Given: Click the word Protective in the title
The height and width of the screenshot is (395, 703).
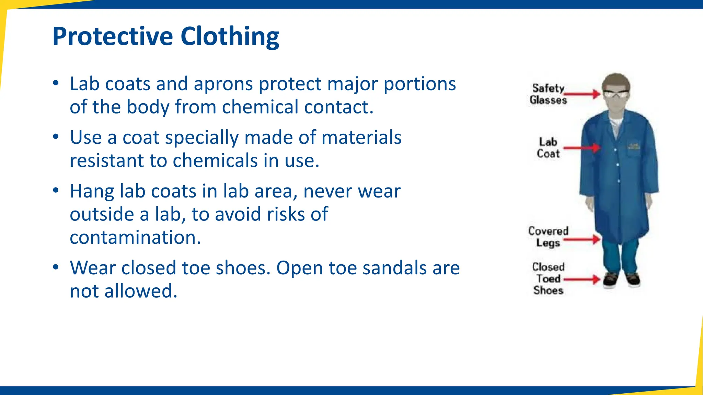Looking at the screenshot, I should [x=113, y=36].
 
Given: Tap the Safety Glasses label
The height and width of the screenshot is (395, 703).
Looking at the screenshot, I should [x=548, y=94].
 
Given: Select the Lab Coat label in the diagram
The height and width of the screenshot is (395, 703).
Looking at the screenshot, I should [x=548, y=148].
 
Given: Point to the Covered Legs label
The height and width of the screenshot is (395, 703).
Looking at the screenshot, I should [x=548, y=237].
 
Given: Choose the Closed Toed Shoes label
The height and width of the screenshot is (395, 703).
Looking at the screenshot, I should [x=548, y=278].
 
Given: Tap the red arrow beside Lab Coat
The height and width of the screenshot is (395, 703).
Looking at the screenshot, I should [x=582, y=148].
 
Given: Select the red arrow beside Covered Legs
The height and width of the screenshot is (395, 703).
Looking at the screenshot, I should [x=582, y=239].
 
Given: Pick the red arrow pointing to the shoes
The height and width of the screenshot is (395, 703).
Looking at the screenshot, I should [x=582, y=279].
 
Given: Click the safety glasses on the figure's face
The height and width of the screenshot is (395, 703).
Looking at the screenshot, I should [x=616, y=94].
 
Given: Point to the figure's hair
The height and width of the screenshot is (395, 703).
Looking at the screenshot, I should [x=616, y=80].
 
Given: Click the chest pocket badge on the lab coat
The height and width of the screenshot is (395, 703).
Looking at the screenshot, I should [x=634, y=146].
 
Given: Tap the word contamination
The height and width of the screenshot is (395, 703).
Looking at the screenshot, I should [x=135, y=237].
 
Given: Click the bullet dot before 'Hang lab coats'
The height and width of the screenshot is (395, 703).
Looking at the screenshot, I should [x=56, y=191].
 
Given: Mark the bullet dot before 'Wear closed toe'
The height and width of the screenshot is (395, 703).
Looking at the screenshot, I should [x=56, y=267].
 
